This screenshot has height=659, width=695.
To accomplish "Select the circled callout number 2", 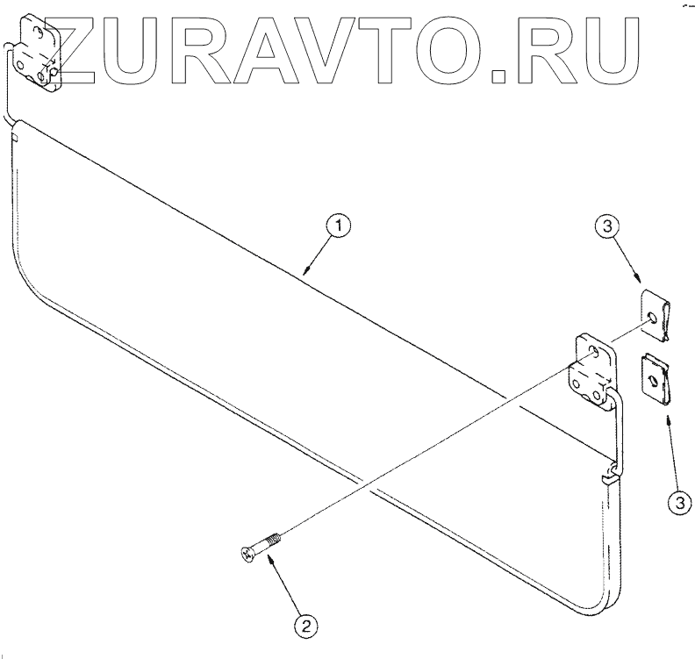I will [305, 627].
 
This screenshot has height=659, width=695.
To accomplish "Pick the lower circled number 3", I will [677, 503].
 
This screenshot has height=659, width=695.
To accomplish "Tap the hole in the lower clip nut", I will [654, 378].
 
